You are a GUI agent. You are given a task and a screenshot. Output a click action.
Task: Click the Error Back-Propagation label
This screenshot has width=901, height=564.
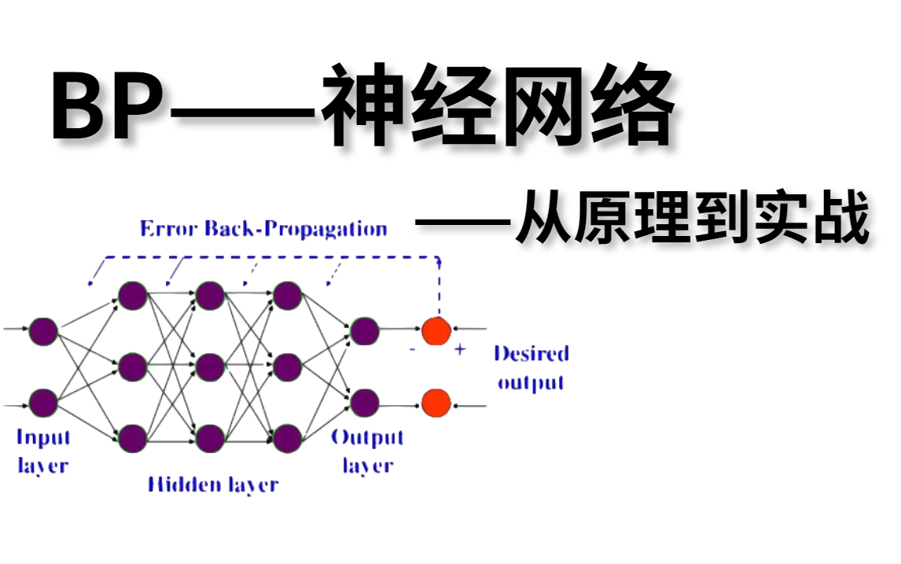click(263, 229)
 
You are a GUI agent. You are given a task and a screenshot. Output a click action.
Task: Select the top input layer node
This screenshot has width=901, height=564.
click(43, 331)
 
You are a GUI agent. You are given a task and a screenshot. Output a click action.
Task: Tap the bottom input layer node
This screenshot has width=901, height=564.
click(43, 404)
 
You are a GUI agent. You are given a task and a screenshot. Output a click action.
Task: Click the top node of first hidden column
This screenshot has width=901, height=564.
click(133, 296)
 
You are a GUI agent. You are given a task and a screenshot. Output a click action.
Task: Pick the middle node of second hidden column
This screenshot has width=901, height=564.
click(210, 367)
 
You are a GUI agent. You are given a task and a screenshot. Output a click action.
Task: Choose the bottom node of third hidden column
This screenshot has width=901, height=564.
click(288, 438)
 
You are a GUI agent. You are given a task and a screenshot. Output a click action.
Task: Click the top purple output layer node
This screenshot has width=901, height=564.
click(365, 331)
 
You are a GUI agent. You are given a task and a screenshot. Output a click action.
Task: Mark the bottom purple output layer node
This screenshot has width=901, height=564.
click(365, 404)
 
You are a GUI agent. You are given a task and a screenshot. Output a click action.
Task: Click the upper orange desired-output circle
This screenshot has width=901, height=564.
click(436, 331)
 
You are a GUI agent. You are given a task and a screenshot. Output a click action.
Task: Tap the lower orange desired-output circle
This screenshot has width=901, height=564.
click(436, 404)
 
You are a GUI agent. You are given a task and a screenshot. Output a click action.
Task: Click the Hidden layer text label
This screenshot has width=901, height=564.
click(212, 483)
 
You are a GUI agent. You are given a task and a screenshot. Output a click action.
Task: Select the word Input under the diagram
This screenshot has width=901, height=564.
click(43, 437)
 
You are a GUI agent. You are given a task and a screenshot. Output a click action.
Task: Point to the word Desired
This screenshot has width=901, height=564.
click(531, 353)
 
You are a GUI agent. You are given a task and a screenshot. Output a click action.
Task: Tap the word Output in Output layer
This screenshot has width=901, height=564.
click(367, 437)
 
